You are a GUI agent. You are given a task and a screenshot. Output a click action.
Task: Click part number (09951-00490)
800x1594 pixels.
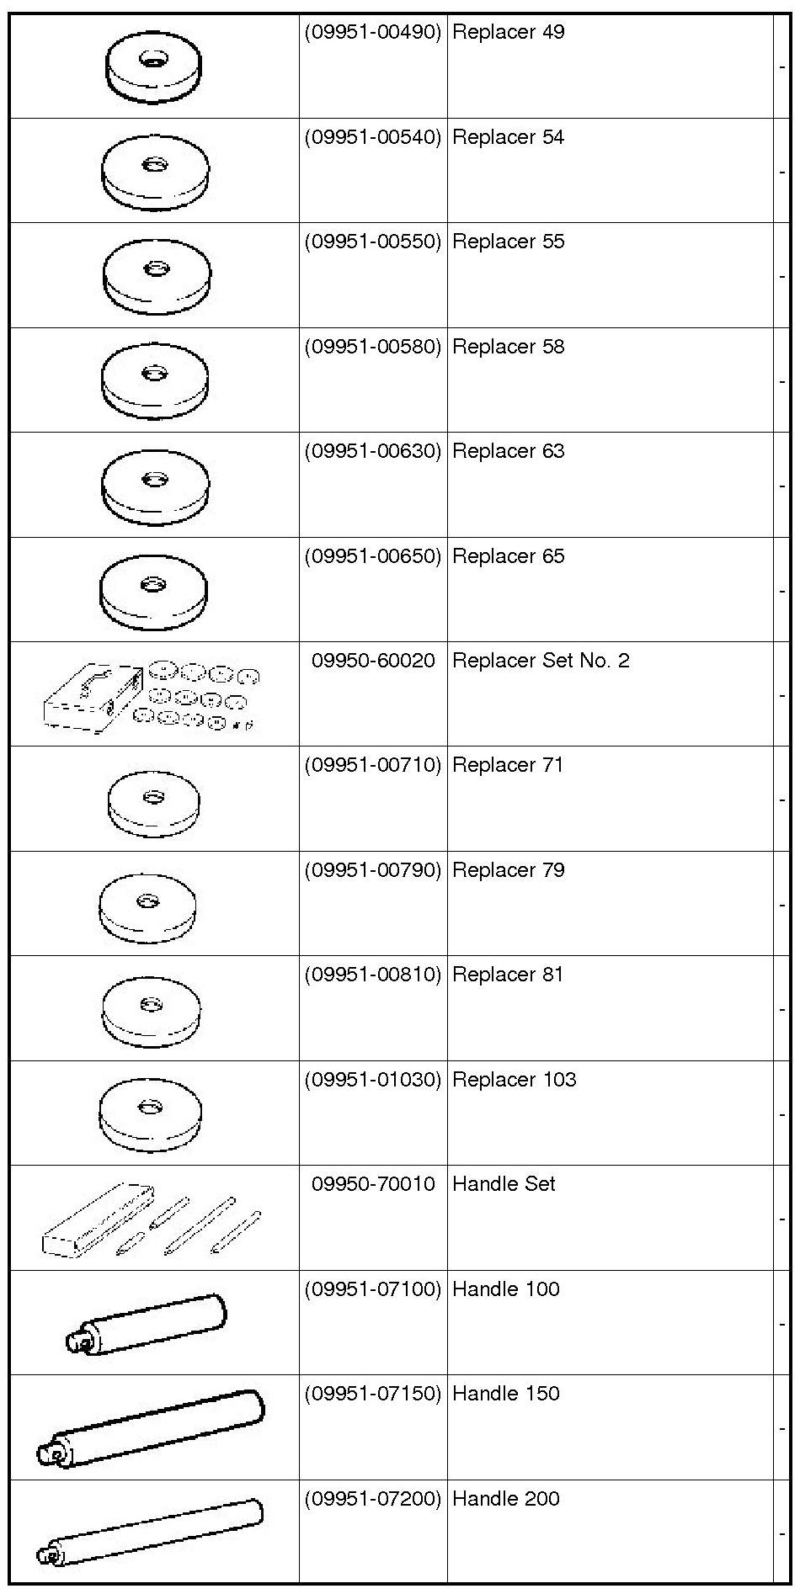pos(372,33)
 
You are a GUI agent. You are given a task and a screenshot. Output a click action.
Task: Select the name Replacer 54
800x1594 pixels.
pos(508,137)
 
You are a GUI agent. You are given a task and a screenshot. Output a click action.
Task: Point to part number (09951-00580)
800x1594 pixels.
pos(372,347)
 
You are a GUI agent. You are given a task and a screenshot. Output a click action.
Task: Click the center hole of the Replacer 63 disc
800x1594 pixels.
pos(154,480)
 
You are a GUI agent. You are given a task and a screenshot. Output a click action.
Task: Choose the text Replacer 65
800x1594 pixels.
pos(508,556)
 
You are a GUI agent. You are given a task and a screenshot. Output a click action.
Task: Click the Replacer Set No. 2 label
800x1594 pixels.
pos(540,661)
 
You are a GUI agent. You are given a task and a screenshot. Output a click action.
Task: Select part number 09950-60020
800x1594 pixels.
pos(373,661)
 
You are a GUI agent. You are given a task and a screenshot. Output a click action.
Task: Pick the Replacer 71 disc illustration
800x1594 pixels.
pos(154,805)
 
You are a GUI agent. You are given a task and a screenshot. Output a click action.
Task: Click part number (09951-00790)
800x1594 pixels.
pos(372,870)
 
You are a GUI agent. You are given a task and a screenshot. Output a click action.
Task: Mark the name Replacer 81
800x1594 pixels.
pos(508,975)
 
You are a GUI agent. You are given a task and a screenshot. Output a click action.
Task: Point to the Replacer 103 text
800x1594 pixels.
pos(514,1080)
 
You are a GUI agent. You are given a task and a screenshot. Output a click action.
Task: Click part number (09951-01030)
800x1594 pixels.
pos(372,1080)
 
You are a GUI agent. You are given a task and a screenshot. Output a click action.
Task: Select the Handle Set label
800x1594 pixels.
pos(504,1184)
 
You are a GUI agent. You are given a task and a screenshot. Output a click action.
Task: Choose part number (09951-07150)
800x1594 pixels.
pos(372,1394)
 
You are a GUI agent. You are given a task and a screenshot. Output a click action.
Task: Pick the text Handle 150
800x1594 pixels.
pos(505,1394)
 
